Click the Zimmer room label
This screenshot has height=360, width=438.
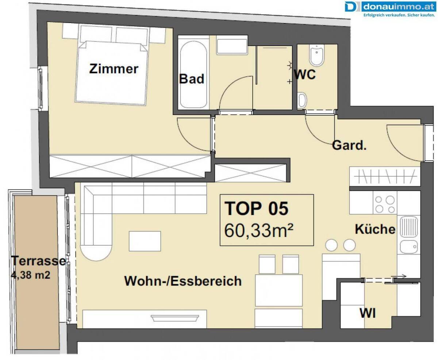(114, 69)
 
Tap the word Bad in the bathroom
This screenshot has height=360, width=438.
(192, 79)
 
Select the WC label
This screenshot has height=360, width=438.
(305, 74)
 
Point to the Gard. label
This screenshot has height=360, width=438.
(349, 145)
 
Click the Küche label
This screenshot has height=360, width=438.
(375, 229)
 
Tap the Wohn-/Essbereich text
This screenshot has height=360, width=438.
(183, 281)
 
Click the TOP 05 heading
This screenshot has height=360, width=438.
(257, 208)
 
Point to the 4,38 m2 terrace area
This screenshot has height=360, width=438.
(31, 275)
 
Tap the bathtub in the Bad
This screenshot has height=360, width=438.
(193, 74)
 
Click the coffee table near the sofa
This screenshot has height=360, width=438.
(145, 241)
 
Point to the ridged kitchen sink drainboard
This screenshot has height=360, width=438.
(409, 227)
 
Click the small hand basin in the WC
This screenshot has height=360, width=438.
(302, 100)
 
